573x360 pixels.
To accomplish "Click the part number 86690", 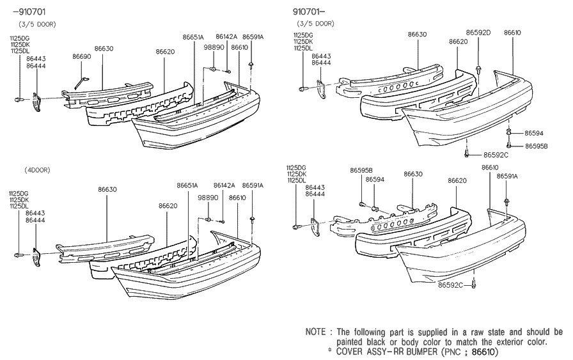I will pos(81,57).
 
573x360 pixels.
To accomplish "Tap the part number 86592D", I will pos(478,32).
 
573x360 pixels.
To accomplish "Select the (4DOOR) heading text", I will pos(38,170).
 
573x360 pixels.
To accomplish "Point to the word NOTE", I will pos(316,333).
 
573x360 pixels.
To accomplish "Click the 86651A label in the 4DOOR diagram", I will pos(187,185).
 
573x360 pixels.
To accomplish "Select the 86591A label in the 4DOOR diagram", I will pos(253,185).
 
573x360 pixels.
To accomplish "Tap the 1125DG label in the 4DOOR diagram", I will pos(18,192).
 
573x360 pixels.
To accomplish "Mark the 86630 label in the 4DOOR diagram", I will pos(107,189).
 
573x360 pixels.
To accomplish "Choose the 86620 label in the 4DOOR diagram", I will pos(168,205).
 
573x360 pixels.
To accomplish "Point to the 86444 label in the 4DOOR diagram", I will pos(35,220).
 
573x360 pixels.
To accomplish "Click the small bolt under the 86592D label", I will pos(479,66).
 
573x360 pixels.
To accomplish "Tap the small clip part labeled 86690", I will pos(79,81).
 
